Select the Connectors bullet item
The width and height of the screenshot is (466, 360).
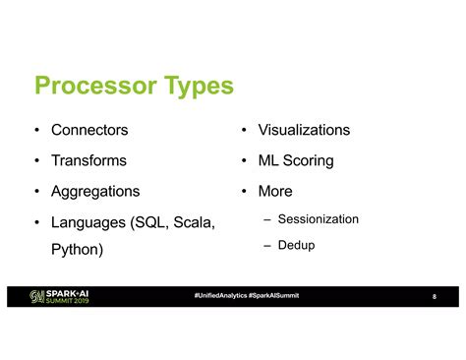click(89, 130)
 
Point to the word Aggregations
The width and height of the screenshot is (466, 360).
click(95, 191)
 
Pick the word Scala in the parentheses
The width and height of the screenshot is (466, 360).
click(192, 222)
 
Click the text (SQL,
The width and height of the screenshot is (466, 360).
click(147, 222)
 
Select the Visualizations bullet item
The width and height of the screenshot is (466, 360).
click(303, 130)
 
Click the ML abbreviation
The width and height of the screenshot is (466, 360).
click(268, 160)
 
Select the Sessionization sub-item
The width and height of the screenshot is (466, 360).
click(318, 218)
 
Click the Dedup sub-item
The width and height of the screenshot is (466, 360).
click(296, 244)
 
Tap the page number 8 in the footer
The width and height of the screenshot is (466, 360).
click(434, 300)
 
